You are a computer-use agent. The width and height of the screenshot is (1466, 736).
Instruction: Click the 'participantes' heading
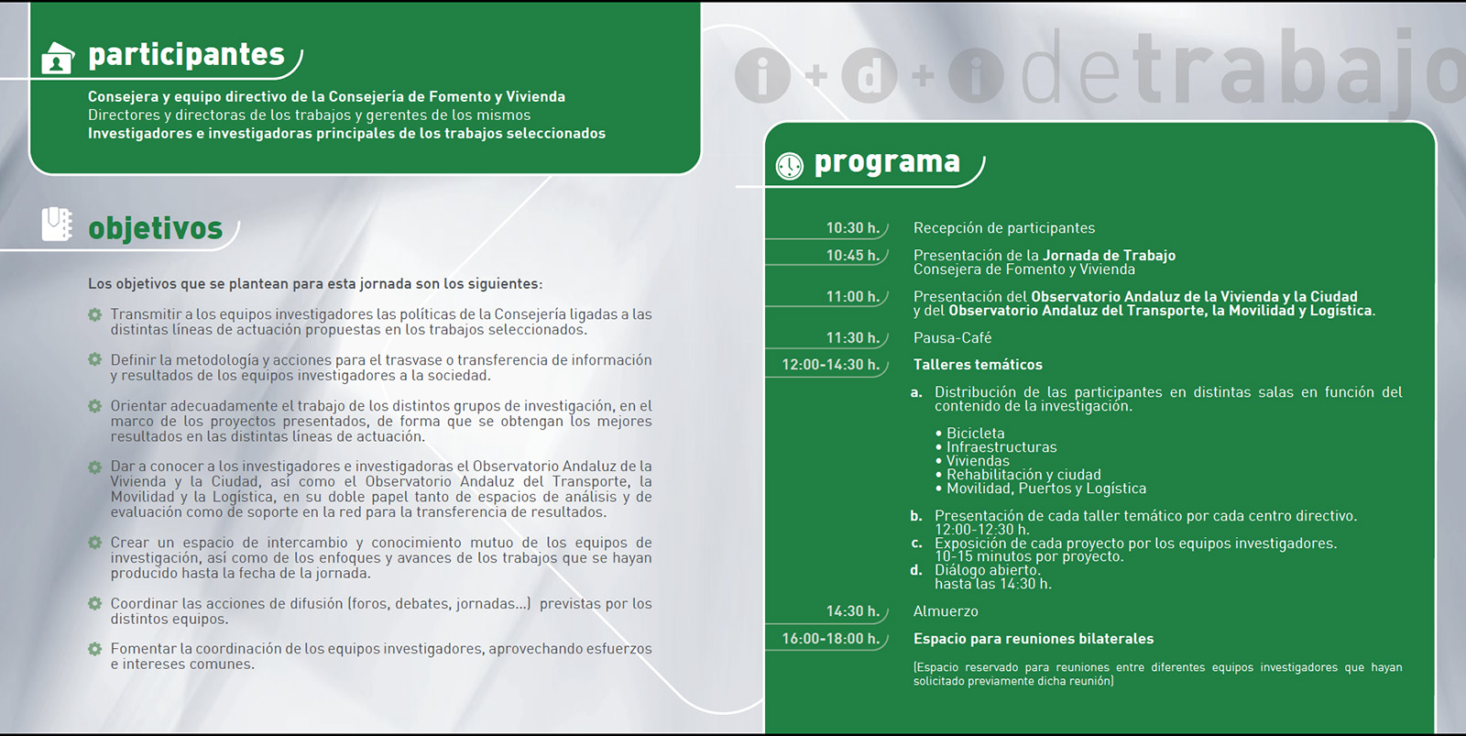click(x=186, y=55)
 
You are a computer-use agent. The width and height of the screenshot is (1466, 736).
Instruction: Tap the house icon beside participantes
click(x=58, y=58)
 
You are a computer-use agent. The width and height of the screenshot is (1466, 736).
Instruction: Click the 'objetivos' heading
click(x=155, y=228)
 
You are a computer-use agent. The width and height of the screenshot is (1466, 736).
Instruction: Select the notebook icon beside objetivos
click(x=57, y=224)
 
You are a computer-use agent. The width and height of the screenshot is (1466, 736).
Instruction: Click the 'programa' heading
click(x=887, y=162)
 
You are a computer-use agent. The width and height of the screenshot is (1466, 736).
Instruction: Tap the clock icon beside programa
click(x=789, y=166)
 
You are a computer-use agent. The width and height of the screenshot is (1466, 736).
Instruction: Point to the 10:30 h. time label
click(x=852, y=228)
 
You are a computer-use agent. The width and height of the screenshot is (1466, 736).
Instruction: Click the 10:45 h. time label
click(x=852, y=256)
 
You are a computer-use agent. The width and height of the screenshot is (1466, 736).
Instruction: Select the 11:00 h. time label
click(x=852, y=297)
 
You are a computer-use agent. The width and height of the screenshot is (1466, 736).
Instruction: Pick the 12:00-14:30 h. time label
click(x=830, y=365)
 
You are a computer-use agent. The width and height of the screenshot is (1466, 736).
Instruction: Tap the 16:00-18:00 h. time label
click(x=830, y=639)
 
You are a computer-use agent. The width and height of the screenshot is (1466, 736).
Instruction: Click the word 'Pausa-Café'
click(x=952, y=338)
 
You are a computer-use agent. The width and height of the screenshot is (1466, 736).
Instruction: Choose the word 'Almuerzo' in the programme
click(x=946, y=611)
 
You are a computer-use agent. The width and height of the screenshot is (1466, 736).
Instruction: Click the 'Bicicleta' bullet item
click(x=975, y=434)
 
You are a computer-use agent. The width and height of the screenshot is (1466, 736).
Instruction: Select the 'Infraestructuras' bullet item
click(x=1001, y=447)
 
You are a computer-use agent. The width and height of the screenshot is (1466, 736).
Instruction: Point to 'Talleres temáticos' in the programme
click(x=978, y=365)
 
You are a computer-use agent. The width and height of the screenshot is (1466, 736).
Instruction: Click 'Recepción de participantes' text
click(x=1004, y=228)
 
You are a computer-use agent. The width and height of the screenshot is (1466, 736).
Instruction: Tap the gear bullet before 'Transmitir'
click(x=94, y=314)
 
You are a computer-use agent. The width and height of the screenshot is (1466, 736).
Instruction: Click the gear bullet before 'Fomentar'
click(x=94, y=649)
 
